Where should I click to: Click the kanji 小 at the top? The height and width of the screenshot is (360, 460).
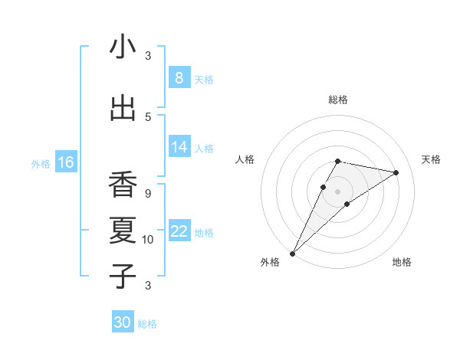[x=123, y=47]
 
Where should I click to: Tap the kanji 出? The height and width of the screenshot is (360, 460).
[x=123, y=108]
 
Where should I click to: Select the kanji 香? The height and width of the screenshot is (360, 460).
[x=123, y=185]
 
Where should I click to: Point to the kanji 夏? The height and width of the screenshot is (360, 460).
[x=123, y=231]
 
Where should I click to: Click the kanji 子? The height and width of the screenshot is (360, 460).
[x=123, y=277]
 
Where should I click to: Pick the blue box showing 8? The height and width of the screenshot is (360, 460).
[x=179, y=78]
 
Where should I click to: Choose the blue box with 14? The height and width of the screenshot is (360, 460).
[x=179, y=147]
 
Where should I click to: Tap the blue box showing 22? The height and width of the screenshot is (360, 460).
[x=179, y=231]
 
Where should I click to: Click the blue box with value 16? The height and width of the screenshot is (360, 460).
[x=65, y=162]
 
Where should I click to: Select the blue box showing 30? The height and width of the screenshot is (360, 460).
[x=122, y=322]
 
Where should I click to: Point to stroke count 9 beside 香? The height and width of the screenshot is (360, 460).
[x=148, y=194]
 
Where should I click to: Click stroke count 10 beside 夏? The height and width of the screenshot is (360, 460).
[x=148, y=240]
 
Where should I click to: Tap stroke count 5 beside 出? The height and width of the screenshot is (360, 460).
[x=148, y=117]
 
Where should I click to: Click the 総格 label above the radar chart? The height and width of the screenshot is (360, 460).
[x=337, y=100]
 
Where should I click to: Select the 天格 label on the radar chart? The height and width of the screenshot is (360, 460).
[x=432, y=159]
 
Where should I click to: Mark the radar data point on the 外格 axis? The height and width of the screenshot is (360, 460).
[x=292, y=253]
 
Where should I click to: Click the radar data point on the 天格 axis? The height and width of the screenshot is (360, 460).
[x=396, y=172]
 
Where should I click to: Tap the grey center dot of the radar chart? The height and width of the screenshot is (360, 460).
[x=337, y=191]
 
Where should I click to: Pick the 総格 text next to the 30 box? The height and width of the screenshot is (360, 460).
[x=147, y=324]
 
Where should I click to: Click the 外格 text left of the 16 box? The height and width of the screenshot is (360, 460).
[x=41, y=163]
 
